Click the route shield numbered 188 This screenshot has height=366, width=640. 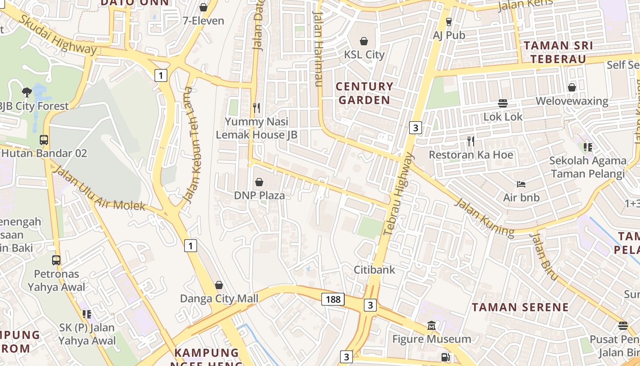333,299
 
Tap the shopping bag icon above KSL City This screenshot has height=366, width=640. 364,41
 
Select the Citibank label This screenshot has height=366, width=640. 374,269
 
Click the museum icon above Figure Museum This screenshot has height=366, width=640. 432,326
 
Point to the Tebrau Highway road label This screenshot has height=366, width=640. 399,194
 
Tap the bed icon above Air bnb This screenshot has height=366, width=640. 521,184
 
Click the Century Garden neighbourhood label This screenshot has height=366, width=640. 364,93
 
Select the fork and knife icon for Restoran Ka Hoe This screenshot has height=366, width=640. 471,141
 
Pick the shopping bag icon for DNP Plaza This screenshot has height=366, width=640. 259,182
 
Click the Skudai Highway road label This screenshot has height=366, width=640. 58,35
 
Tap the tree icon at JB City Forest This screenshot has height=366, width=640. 27,92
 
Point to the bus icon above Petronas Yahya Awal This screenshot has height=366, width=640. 56,260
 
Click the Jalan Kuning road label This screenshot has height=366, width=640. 485,218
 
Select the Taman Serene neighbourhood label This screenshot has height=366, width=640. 520,307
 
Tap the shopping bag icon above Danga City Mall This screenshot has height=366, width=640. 219,285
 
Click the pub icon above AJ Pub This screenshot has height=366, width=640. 449,22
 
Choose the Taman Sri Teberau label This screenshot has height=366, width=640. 558,52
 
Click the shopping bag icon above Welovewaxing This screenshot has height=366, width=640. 572,87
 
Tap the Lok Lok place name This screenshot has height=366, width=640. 503,117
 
